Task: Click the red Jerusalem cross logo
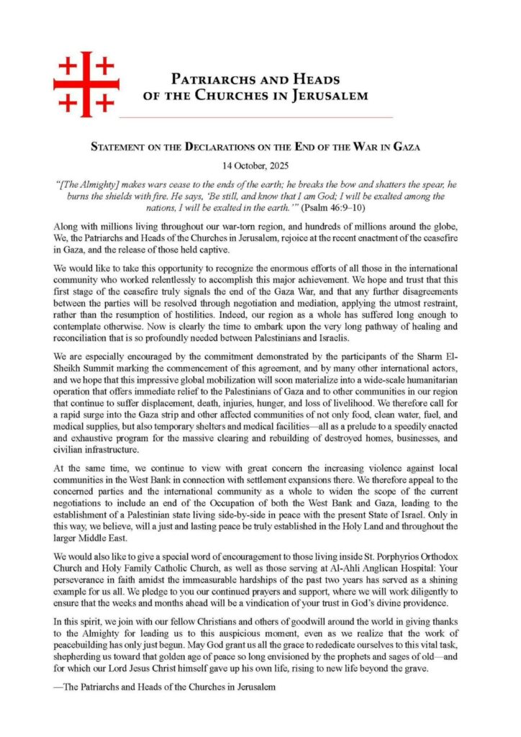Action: pyautogui.click(x=86, y=83)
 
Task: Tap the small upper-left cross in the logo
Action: pyautogui.click(x=68, y=66)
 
